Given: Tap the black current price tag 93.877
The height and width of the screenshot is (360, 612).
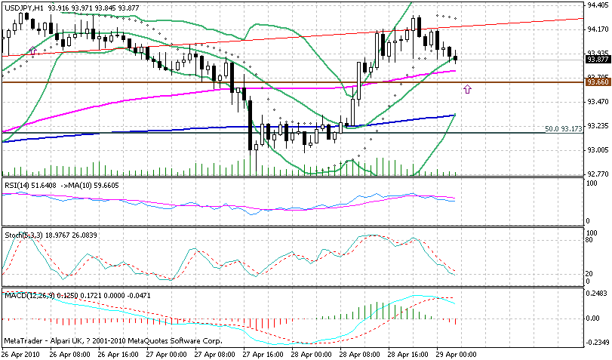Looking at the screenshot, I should pos(597,59).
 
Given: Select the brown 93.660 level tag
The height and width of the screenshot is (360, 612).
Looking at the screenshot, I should pos(597,82).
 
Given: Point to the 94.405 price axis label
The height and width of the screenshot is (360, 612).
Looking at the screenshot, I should pos(597,5).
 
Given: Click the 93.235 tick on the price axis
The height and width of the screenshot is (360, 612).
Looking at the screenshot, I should pos(597,125).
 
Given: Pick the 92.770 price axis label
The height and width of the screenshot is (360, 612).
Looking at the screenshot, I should pos(597,174).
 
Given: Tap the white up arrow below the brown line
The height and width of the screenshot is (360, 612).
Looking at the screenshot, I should pos(468,90).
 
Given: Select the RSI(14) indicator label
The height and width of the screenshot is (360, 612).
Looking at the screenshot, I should pos(19,184).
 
